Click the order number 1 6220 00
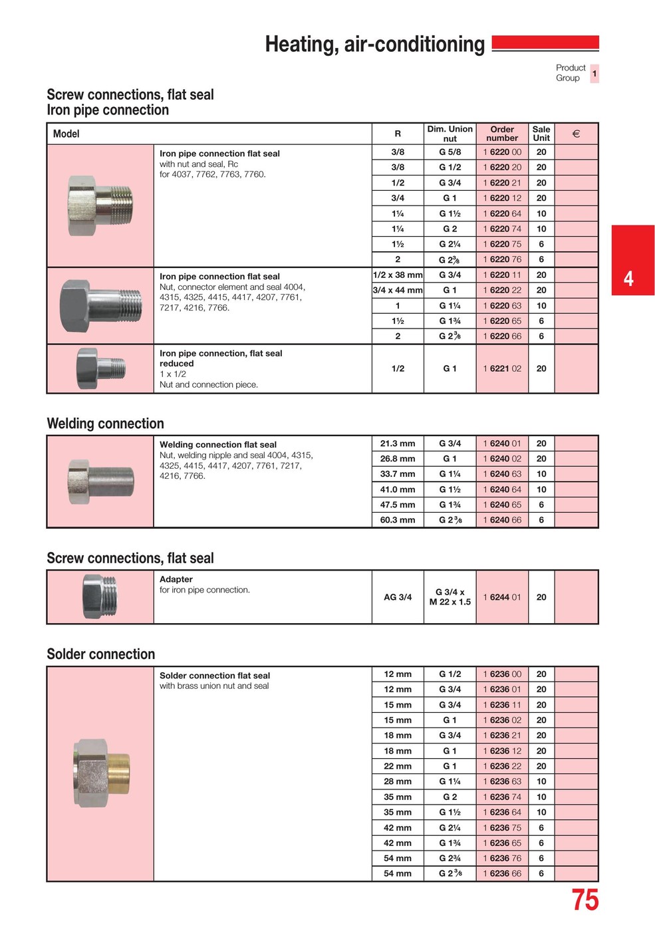coord(502,152)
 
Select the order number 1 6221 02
coord(502,368)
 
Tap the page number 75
coord(585,900)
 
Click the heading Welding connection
coord(105,424)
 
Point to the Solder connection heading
coord(100,654)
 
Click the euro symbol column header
coord(576,134)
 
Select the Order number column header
coord(502,134)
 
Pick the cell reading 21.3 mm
coord(398,444)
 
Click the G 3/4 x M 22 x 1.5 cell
coord(450,597)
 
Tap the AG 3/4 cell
coord(398,597)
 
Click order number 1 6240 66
coord(502,520)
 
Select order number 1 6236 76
coord(502,859)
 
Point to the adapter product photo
coord(100,597)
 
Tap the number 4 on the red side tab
coord(628,279)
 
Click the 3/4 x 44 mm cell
coord(398,291)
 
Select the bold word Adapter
coord(176,580)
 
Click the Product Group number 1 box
coord(594,73)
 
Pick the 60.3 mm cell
coord(398,520)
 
